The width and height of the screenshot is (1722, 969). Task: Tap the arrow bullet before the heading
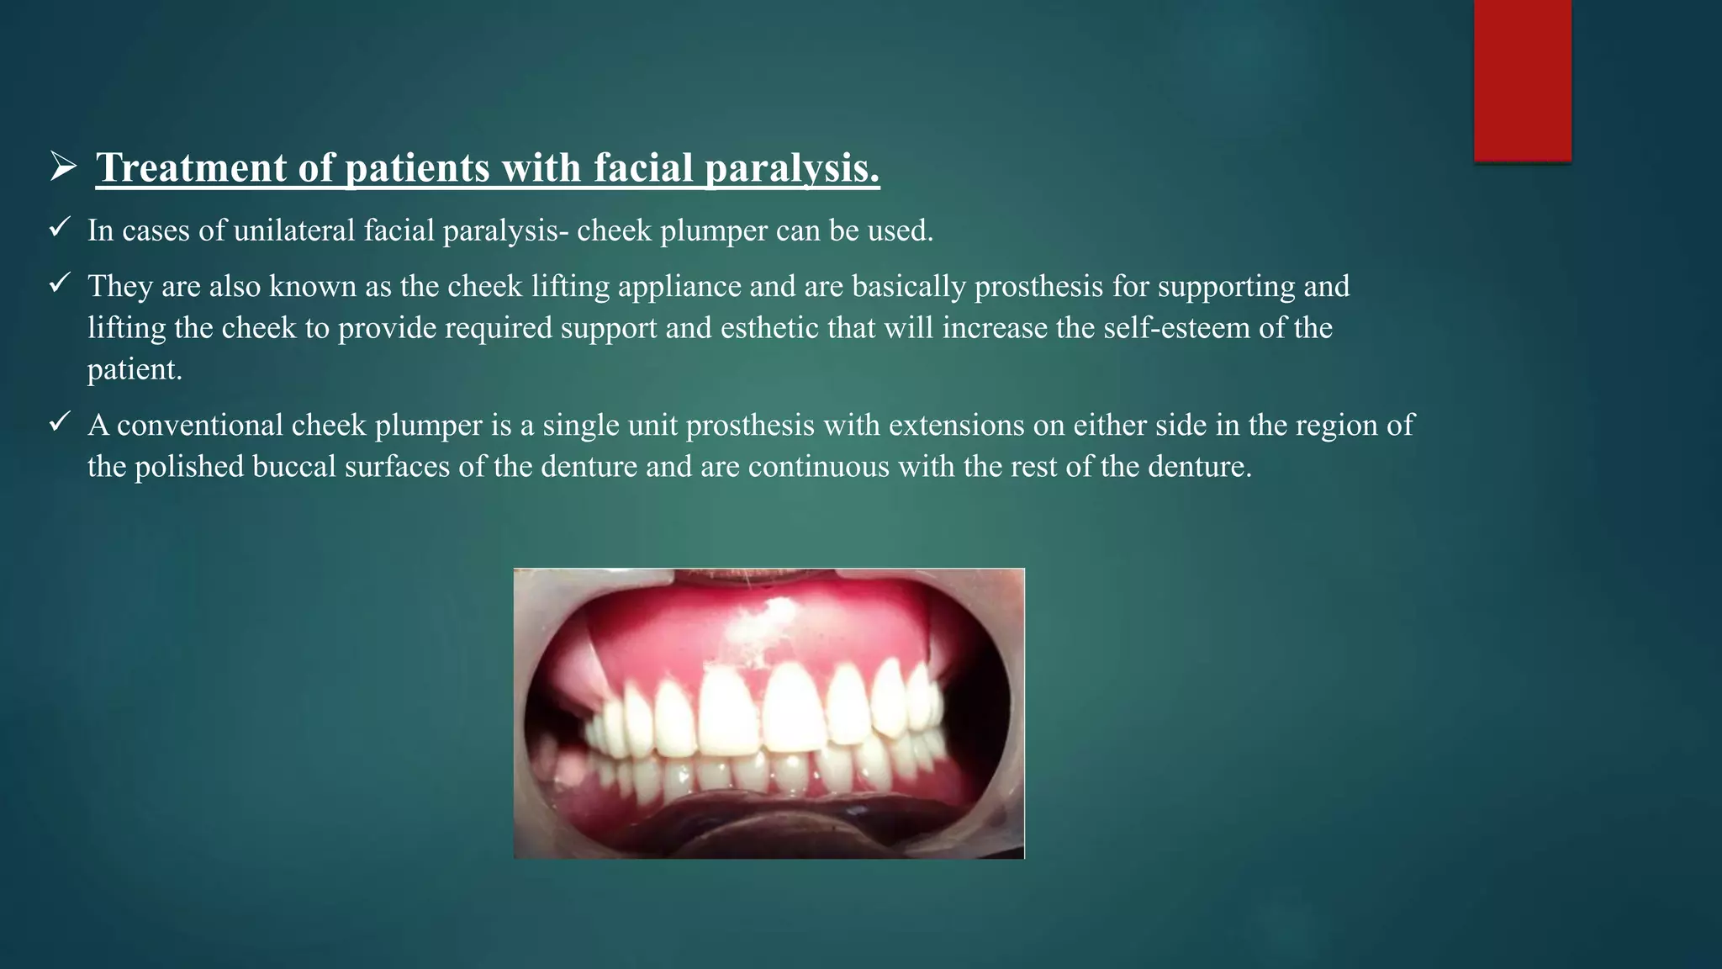click(x=63, y=166)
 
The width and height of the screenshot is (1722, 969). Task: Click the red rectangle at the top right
click(x=1522, y=80)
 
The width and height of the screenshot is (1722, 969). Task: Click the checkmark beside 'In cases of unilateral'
click(x=59, y=227)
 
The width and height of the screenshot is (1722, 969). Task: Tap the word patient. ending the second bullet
click(x=135, y=369)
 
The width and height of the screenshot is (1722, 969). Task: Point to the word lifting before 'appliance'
click(x=569, y=287)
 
